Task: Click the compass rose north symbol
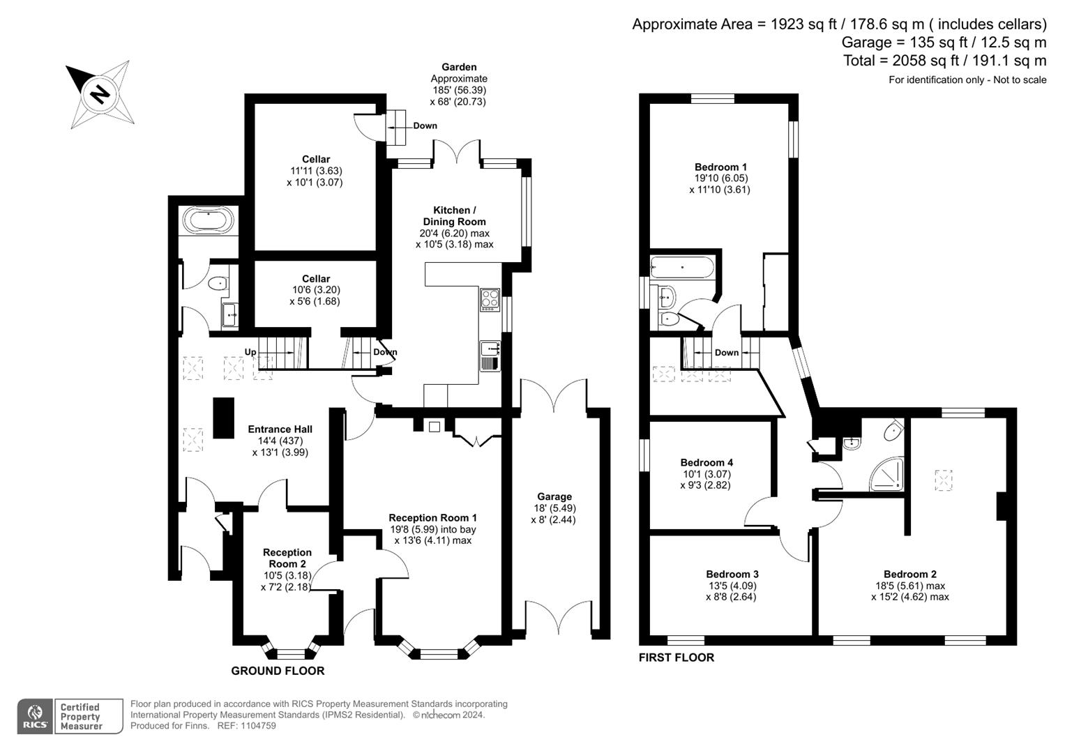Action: pos(99,93)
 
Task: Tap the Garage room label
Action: pos(554,496)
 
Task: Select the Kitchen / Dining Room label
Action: pos(454,215)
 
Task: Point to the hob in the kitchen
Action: pos(490,299)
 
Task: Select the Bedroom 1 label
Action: pos(720,167)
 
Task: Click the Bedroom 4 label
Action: pos(707,462)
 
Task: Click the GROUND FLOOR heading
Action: pos(278,671)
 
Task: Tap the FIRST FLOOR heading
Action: pos(676,657)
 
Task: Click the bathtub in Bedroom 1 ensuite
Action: pos(681,268)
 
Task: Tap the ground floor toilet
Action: pos(218,283)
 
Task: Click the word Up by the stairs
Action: pos(250,352)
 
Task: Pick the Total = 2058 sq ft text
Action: pos(944,61)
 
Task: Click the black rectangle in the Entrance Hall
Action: pos(223,418)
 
